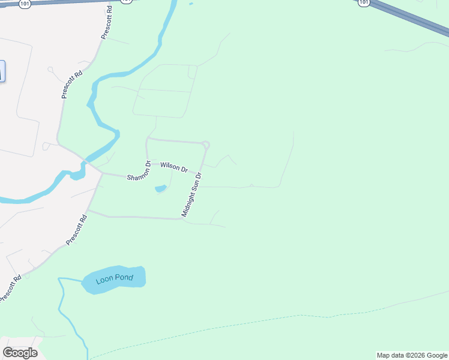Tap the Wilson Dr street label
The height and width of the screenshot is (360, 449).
pyautogui.click(x=174, y=166)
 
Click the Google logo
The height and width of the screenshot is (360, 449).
pyautogui.click(x=20, y=353)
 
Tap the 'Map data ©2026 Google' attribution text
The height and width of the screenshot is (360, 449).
pyautogui.click(x=412, y=355)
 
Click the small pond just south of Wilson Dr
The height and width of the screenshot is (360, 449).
pyautogui.click(x=160, y=189)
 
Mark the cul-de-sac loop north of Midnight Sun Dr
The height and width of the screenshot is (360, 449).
pyautogui.click(x=206, y=145)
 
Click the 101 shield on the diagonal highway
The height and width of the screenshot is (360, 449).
pyautogui.click(x=364, y=3)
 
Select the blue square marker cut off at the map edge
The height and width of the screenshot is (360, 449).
pyautogui.click(x=2, y=71)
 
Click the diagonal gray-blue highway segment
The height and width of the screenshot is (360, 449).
pyautogui.click(x=414, y=18)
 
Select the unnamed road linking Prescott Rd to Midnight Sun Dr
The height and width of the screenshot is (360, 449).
pyautogui.click(x=135, y=217)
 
